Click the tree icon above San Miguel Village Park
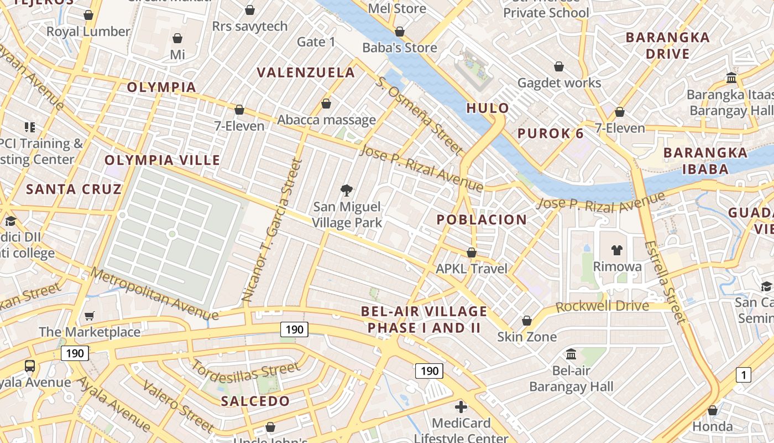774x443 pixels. [347, 191]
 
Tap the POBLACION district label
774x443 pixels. [482, 220]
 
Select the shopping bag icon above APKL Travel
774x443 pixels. [472, 253]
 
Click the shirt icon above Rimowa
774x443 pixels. [617, 250]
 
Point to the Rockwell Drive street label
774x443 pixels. [602, 306]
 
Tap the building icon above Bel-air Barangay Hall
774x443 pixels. [571, 354]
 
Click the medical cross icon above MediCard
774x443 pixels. [461, 408]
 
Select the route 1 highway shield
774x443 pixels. [744, 375]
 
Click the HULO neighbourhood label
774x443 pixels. [487, 108]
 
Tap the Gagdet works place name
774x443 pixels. [559, 83]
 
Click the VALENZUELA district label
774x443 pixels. [306, 73]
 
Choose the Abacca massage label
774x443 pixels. [326, 120]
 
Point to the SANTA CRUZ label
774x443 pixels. [74, 189]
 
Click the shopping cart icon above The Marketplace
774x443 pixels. [89, 316]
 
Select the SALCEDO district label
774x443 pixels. [255, 401]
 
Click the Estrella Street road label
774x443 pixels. [665, 282]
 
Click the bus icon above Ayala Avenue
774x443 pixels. [30, 366]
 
